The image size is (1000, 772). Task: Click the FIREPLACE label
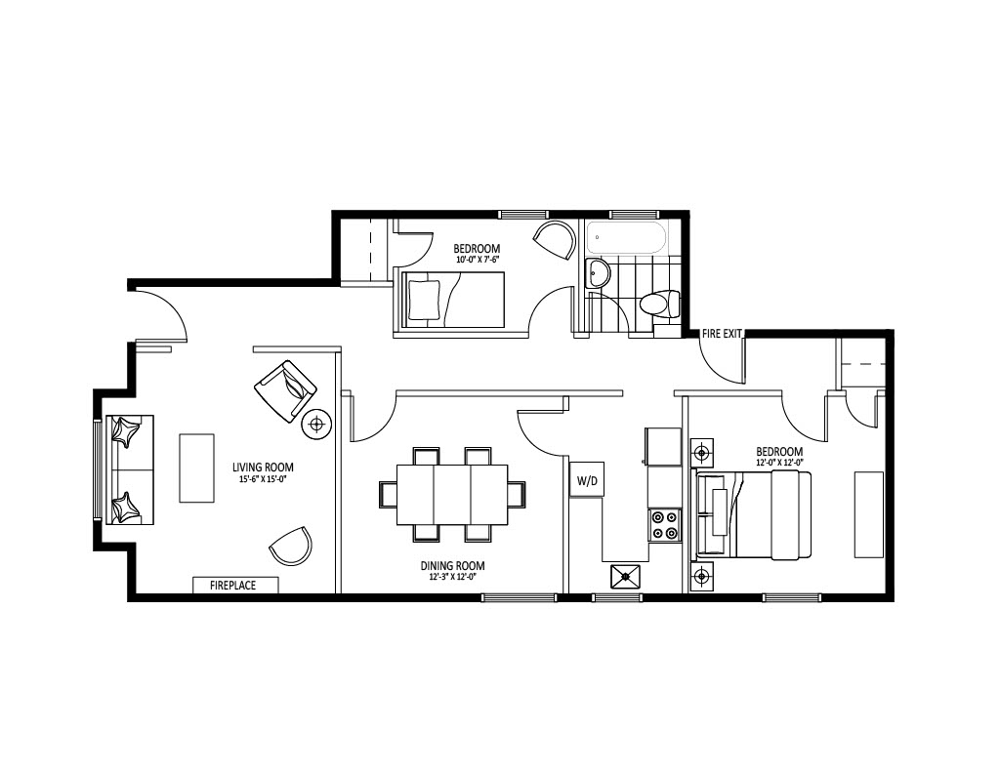coord(232,586)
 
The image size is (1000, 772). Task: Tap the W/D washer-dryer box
coord(587,479)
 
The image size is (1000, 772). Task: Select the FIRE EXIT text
coord(722,334)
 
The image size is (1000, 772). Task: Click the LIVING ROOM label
coord(263,467)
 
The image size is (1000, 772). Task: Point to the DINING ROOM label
coord(452,565)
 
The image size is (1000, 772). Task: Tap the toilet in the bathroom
coord(660,305)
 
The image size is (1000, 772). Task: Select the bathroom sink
coord(598,274)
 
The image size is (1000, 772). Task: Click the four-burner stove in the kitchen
coord(664,525)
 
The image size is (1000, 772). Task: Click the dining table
coord(453,495)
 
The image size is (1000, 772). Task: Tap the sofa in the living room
coord(130,469)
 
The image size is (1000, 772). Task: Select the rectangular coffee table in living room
coord(196,468)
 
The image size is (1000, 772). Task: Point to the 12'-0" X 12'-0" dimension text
coord(779,463)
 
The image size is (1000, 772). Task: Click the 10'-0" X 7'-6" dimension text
coord(477,259)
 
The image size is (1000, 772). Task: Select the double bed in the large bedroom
coord(754,515)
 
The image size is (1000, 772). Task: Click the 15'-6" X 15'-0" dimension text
coord(263,479)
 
